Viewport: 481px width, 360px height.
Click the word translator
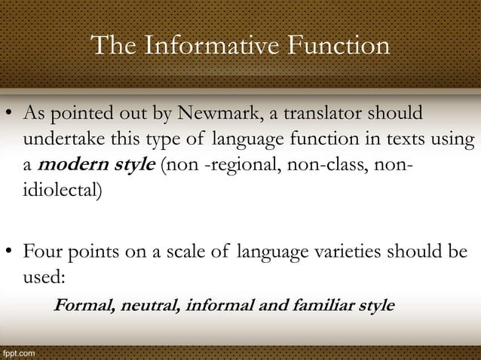pyautogui.click(x=337, y=115)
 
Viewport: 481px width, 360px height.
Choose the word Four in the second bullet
pyautogui.click(x=42, y=251)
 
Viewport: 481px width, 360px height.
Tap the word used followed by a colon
pyautogui.click(x=44, y=276)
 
